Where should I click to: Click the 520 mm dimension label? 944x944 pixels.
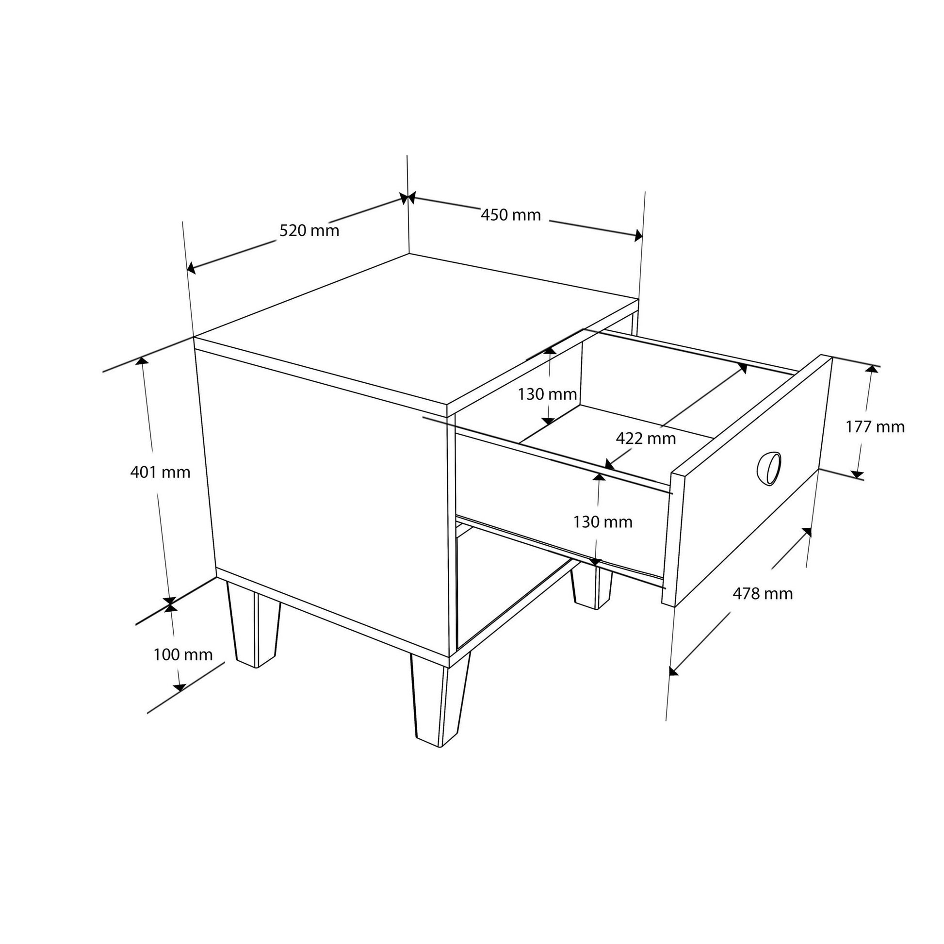click(x=309, y=230)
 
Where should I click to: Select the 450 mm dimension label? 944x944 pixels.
click(x=511, y=214)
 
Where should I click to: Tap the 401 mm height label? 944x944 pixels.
click(x=160, y=472)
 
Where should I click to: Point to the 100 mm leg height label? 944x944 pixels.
click(x=183, y=655)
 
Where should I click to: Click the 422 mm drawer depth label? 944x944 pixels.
click(x=646, y=439)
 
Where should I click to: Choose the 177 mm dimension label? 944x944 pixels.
click(x=875, y=426)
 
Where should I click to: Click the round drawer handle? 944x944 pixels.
click(x=769, y=469)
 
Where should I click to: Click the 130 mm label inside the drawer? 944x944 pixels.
click(x=547, y=394)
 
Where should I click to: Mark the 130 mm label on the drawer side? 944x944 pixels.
click(x=603, y=522)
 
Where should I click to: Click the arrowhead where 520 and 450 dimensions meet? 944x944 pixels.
click(x=407, y=198)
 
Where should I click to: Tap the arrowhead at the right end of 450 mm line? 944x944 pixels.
click(x=638, y=235)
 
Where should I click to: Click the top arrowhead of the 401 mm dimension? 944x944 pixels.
click(x=142, y=361)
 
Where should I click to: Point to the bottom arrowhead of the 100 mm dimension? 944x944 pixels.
click(x=180, y=688)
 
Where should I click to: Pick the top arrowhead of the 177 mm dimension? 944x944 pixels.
click(x=871, y=367)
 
